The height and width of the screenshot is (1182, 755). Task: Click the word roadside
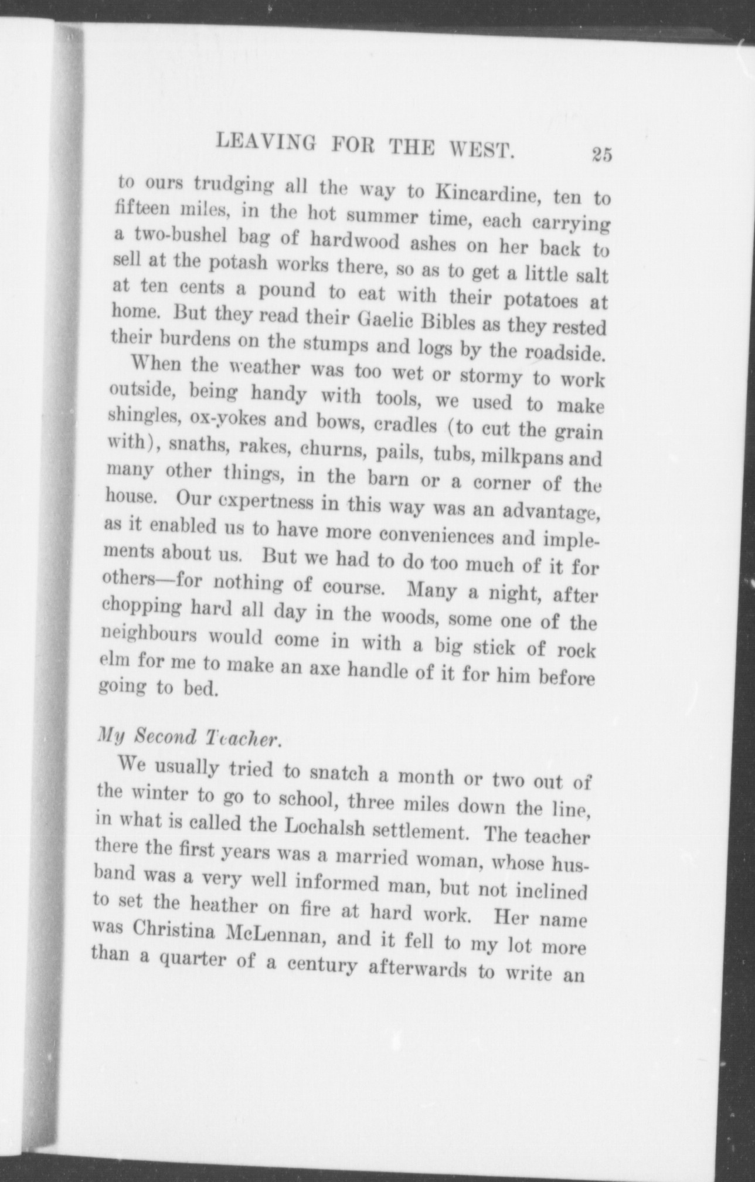(x=562, y=354)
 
